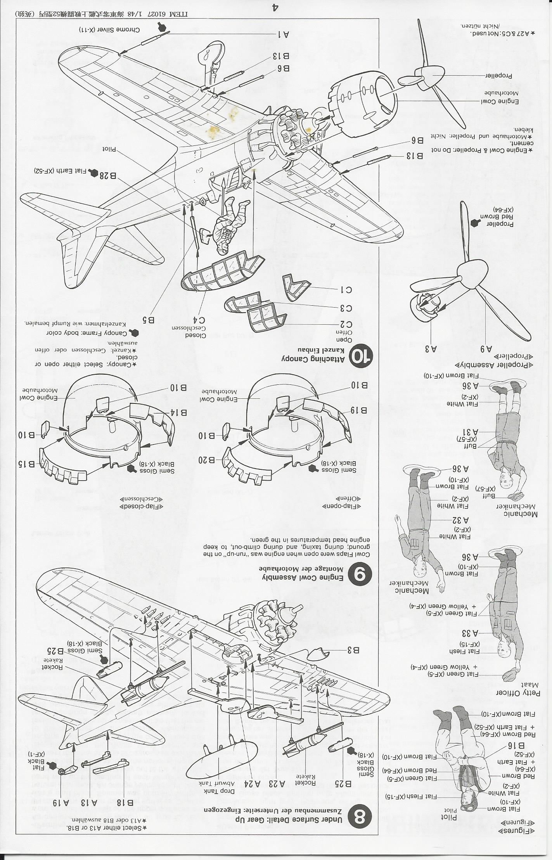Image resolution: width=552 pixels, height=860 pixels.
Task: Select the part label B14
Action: (x=178, y=412)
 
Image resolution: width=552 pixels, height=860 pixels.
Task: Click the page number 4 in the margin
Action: (x=275, y=7)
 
